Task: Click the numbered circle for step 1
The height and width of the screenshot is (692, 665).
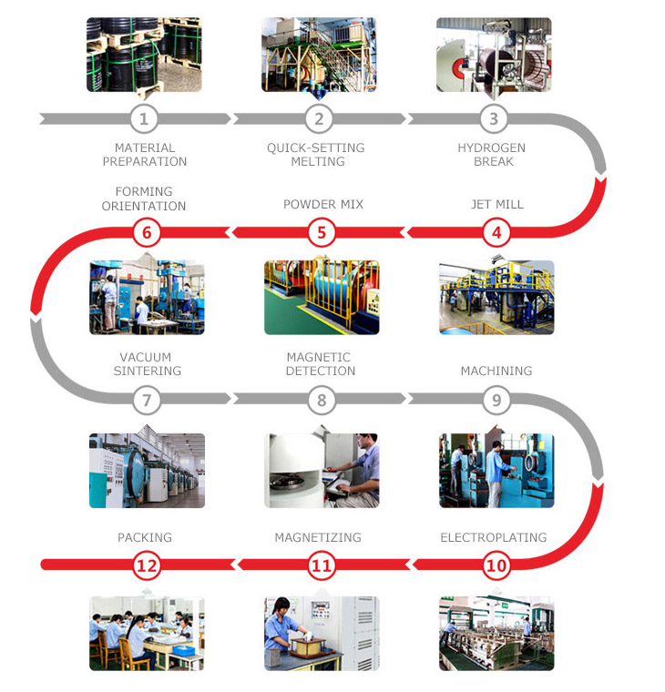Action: click(144, 118)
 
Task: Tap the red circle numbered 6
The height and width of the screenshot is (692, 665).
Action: click(147, 232)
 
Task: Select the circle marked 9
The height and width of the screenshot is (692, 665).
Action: click(496, 400)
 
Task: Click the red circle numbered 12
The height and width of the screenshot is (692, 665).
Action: click(147, 565)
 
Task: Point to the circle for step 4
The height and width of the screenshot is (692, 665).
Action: click(496, 232)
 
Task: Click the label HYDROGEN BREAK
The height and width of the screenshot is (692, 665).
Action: click(492, 155)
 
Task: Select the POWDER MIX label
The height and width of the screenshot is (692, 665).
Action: click(323, 204)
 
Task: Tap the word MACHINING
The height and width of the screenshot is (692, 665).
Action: click(496, 371)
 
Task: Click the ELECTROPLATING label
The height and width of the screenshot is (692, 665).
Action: click(494, 537)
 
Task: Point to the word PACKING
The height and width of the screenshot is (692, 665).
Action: click(145, 537)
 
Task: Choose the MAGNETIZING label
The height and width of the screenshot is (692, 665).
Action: click(318, 537)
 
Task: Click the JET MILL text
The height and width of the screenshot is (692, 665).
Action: click(497, 204)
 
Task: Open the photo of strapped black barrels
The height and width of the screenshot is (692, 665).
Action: click(144, 55)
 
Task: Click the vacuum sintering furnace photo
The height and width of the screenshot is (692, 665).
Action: click(147, 471)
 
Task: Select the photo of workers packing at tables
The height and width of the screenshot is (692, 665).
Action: click(147, 634)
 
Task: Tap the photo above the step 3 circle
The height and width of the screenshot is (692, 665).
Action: click(494, 55)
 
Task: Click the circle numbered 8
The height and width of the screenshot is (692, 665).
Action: click(322, 400)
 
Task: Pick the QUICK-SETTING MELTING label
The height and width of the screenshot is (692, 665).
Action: click(316, 155)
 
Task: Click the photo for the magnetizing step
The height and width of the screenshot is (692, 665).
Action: click(322, 634)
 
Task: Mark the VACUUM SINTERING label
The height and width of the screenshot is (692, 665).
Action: click(147, 364)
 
